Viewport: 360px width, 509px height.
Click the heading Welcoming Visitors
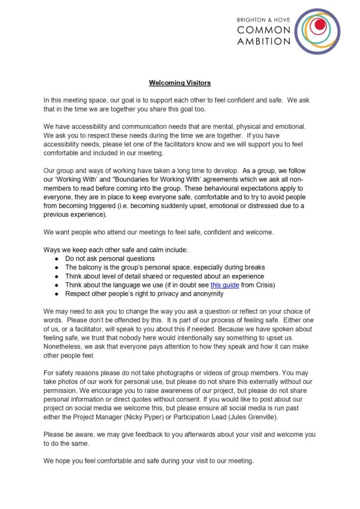point(180,83)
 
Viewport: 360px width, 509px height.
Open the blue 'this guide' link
point(225,285)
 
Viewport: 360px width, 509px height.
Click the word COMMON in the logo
point(264,30)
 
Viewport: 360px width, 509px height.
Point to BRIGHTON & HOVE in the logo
point(264,19)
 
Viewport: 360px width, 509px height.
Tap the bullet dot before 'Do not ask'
point(57,258)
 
